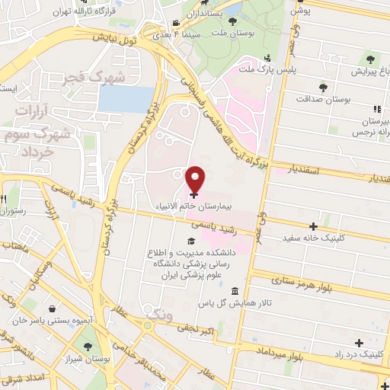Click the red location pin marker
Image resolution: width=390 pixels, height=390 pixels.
tap(195, 179)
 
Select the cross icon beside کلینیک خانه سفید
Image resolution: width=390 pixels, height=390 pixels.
tap(313, 226)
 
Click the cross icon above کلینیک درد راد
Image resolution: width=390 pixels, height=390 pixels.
tap(360, 343)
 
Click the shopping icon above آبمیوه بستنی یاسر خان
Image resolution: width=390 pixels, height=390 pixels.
tap(50, 309)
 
